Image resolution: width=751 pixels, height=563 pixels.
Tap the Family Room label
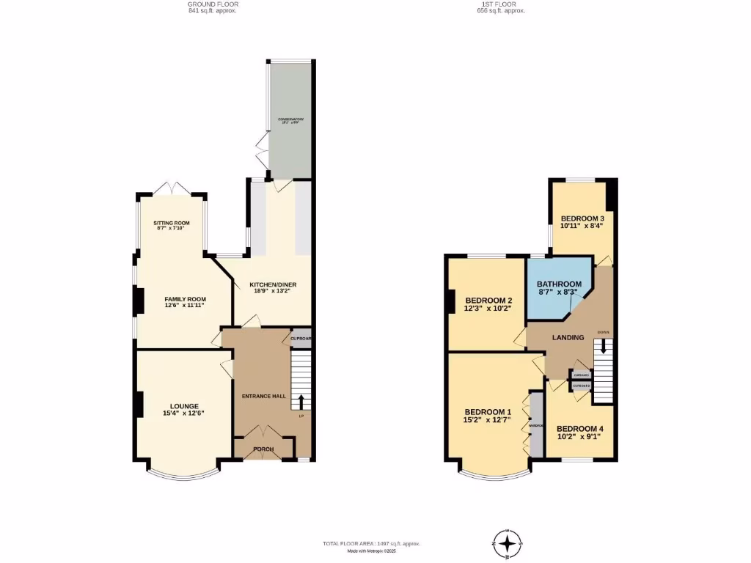(x=184, y=299)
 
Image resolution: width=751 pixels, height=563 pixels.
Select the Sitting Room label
(x=172, y=223)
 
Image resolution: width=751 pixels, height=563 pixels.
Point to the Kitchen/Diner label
(x=272, y=284)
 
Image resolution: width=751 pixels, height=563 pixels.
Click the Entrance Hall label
(x=264, y=396)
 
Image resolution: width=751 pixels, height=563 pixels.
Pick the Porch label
(x=263, y=449)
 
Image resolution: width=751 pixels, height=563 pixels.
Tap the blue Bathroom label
(x=559, y=284)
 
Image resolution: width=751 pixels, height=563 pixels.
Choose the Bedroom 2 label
(x=488, y=300)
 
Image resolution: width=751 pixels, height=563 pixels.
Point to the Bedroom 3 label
(x=582, y=218)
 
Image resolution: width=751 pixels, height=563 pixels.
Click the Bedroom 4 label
(x=579, y=429)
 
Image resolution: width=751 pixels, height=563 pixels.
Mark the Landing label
(x=568, y=337)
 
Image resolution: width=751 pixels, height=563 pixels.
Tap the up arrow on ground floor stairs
(x=301, y=402)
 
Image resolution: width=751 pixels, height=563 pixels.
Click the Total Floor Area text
(x=371, y=543)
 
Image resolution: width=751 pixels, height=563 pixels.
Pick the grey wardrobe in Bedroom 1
(x=537, y=425)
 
